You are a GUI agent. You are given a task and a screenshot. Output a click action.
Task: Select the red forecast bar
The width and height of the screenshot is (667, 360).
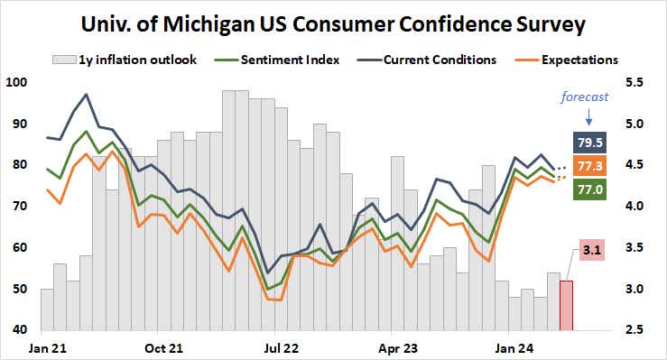tap(567, 305)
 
